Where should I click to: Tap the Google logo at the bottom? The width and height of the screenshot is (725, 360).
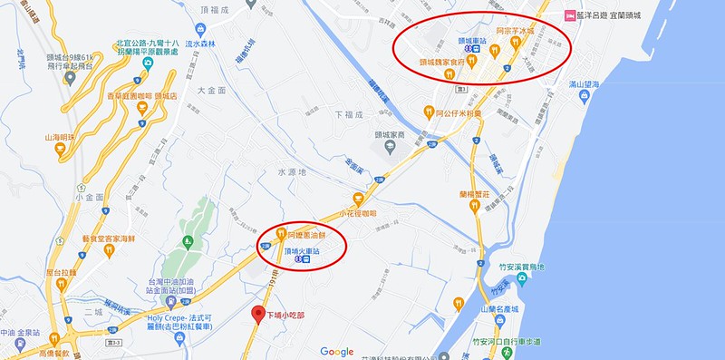[x=336, y=352]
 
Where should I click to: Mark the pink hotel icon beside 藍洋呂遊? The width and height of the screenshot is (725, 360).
[x=569, y=15]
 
